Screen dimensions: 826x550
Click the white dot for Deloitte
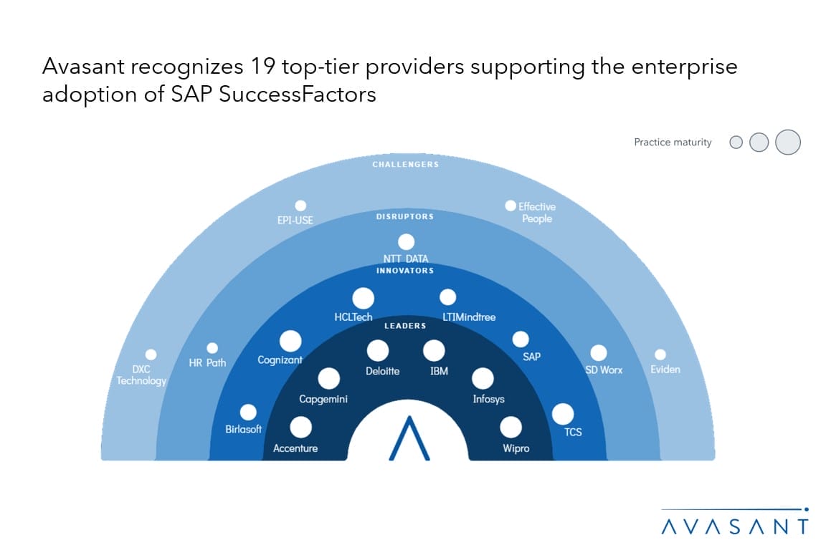pyautogui.click(x=378, y=350)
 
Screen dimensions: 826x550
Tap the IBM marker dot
pyautogui.click(x=434, y=350)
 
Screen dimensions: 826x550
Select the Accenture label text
pyautogui.click(x=295, y=448)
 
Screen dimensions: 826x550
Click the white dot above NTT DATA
pyautogui.click(x=406, y=242)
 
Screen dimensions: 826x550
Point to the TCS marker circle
pyautogui.click(x=563, y=414)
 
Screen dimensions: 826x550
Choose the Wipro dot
pyautogui.click(x=511, y=428)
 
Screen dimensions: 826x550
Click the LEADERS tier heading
pyautogui.click(x=405, y=326)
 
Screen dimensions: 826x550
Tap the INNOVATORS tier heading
pyautogui.click(x=405, y=271)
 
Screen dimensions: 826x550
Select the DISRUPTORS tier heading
pyautogui.click(x=405, y=216)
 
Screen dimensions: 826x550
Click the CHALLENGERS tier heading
pyautogui.click(x=406, y=164)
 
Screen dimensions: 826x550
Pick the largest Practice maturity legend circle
pyautogui.click(x=788, y=142)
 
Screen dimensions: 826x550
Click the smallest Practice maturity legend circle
pyautogui.click(x=736, y=142)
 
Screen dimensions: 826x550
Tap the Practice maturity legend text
pyautogui.click(x=673, y=142)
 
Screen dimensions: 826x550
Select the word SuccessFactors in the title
pyautogui.click(x=297, y=95)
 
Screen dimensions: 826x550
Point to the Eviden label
pyautogui.click(x=665, y=370)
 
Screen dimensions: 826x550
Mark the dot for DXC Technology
pyautogui.click(x=151, y=354)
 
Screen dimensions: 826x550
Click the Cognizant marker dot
pyautogui.click(x=290, y=341)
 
